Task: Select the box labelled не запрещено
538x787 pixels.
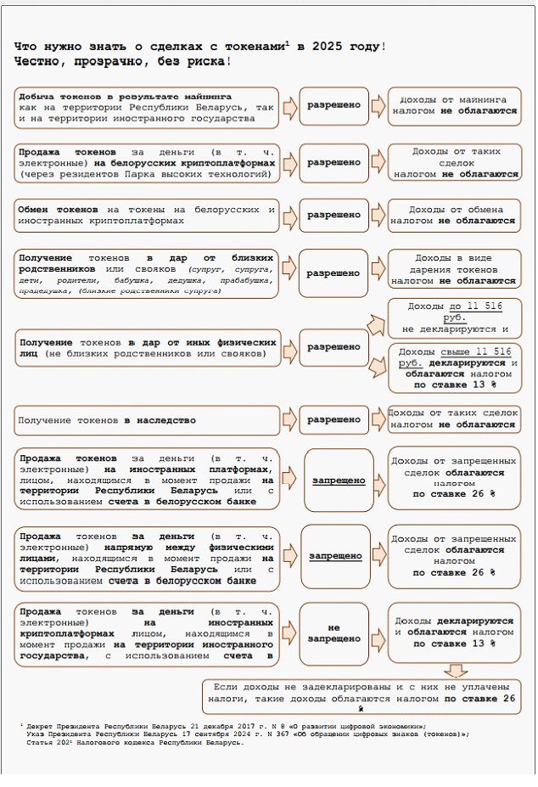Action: point(334,632)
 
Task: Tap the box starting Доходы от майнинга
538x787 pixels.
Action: point(454,105)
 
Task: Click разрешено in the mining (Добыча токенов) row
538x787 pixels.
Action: point(333,105)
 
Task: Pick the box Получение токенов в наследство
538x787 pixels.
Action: point(147,419)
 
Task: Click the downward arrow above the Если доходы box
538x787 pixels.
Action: point(456,671)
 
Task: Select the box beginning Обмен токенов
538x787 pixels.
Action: point(147,215)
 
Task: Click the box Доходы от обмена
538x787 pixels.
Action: point(454,215)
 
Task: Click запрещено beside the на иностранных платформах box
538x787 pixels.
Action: point(339,481)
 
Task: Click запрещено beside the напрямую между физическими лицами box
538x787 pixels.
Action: point(335,556)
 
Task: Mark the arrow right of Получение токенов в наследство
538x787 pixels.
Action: point(289,419)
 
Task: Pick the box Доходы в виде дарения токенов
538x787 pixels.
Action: point(454,269)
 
